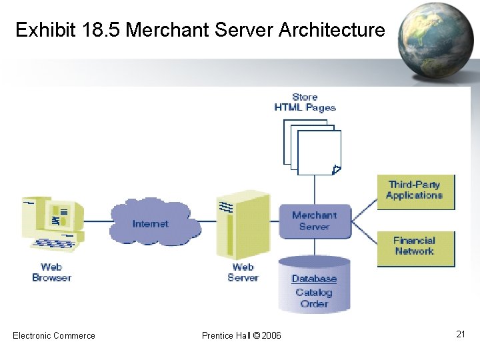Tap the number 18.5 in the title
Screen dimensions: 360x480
point(100,30)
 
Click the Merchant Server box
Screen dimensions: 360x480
point(314,221)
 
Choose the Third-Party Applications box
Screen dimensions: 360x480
point(415,191)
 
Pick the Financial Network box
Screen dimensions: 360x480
point(415,247)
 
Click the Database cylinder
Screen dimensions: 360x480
point(314,285)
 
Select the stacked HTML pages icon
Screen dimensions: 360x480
point(313,147)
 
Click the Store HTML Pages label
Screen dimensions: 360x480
point(305,102)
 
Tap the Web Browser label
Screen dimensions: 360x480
point(51,272)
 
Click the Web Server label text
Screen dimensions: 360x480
point(243,272)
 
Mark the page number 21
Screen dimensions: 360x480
point(460,334)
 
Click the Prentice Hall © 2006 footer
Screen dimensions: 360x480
point(241,335)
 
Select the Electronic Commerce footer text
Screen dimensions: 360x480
point(54,335)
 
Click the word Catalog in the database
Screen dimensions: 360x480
point(314,292)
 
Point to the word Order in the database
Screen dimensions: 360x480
point(314,303)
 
